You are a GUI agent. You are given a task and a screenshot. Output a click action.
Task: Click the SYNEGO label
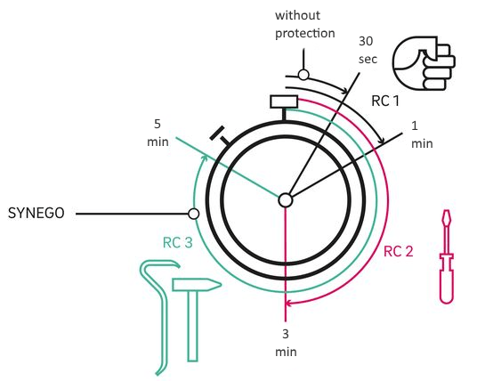click(36, 213)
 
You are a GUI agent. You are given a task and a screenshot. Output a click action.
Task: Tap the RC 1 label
click(385, 101)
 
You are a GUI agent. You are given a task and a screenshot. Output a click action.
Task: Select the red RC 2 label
click(399, 251)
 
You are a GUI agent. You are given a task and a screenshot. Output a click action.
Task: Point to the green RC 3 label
click(178, 243)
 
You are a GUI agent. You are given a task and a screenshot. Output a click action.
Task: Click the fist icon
click(424, 63)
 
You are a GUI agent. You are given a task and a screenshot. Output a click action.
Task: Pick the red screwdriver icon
click(447, 256)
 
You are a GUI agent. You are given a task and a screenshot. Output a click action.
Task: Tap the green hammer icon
click(196, 319)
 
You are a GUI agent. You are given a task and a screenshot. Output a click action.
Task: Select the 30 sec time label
click(368, 50)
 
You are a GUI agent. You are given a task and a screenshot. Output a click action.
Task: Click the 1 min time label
click(422, 134)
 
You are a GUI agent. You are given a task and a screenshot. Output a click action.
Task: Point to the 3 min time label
click(286, 343)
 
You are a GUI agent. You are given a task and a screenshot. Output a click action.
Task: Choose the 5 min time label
click(158, 133)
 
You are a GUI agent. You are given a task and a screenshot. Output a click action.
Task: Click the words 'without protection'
click(305, 24)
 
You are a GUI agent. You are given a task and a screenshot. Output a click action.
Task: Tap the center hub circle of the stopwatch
click(286, 200)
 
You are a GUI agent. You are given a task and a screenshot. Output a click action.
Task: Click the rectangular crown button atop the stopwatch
click(284, 101)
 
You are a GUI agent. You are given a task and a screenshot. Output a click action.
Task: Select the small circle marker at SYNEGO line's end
click(194, 214)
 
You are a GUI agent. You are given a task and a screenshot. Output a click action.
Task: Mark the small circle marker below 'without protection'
click(303, 75)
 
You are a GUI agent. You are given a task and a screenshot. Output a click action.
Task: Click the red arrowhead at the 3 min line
click(288, 303)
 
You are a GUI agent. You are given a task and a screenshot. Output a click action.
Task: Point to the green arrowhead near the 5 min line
click(204, 158)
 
